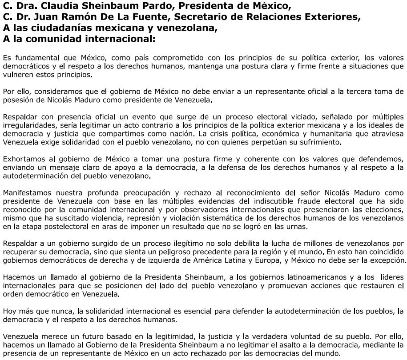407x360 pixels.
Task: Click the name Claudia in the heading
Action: tap(56, 7)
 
